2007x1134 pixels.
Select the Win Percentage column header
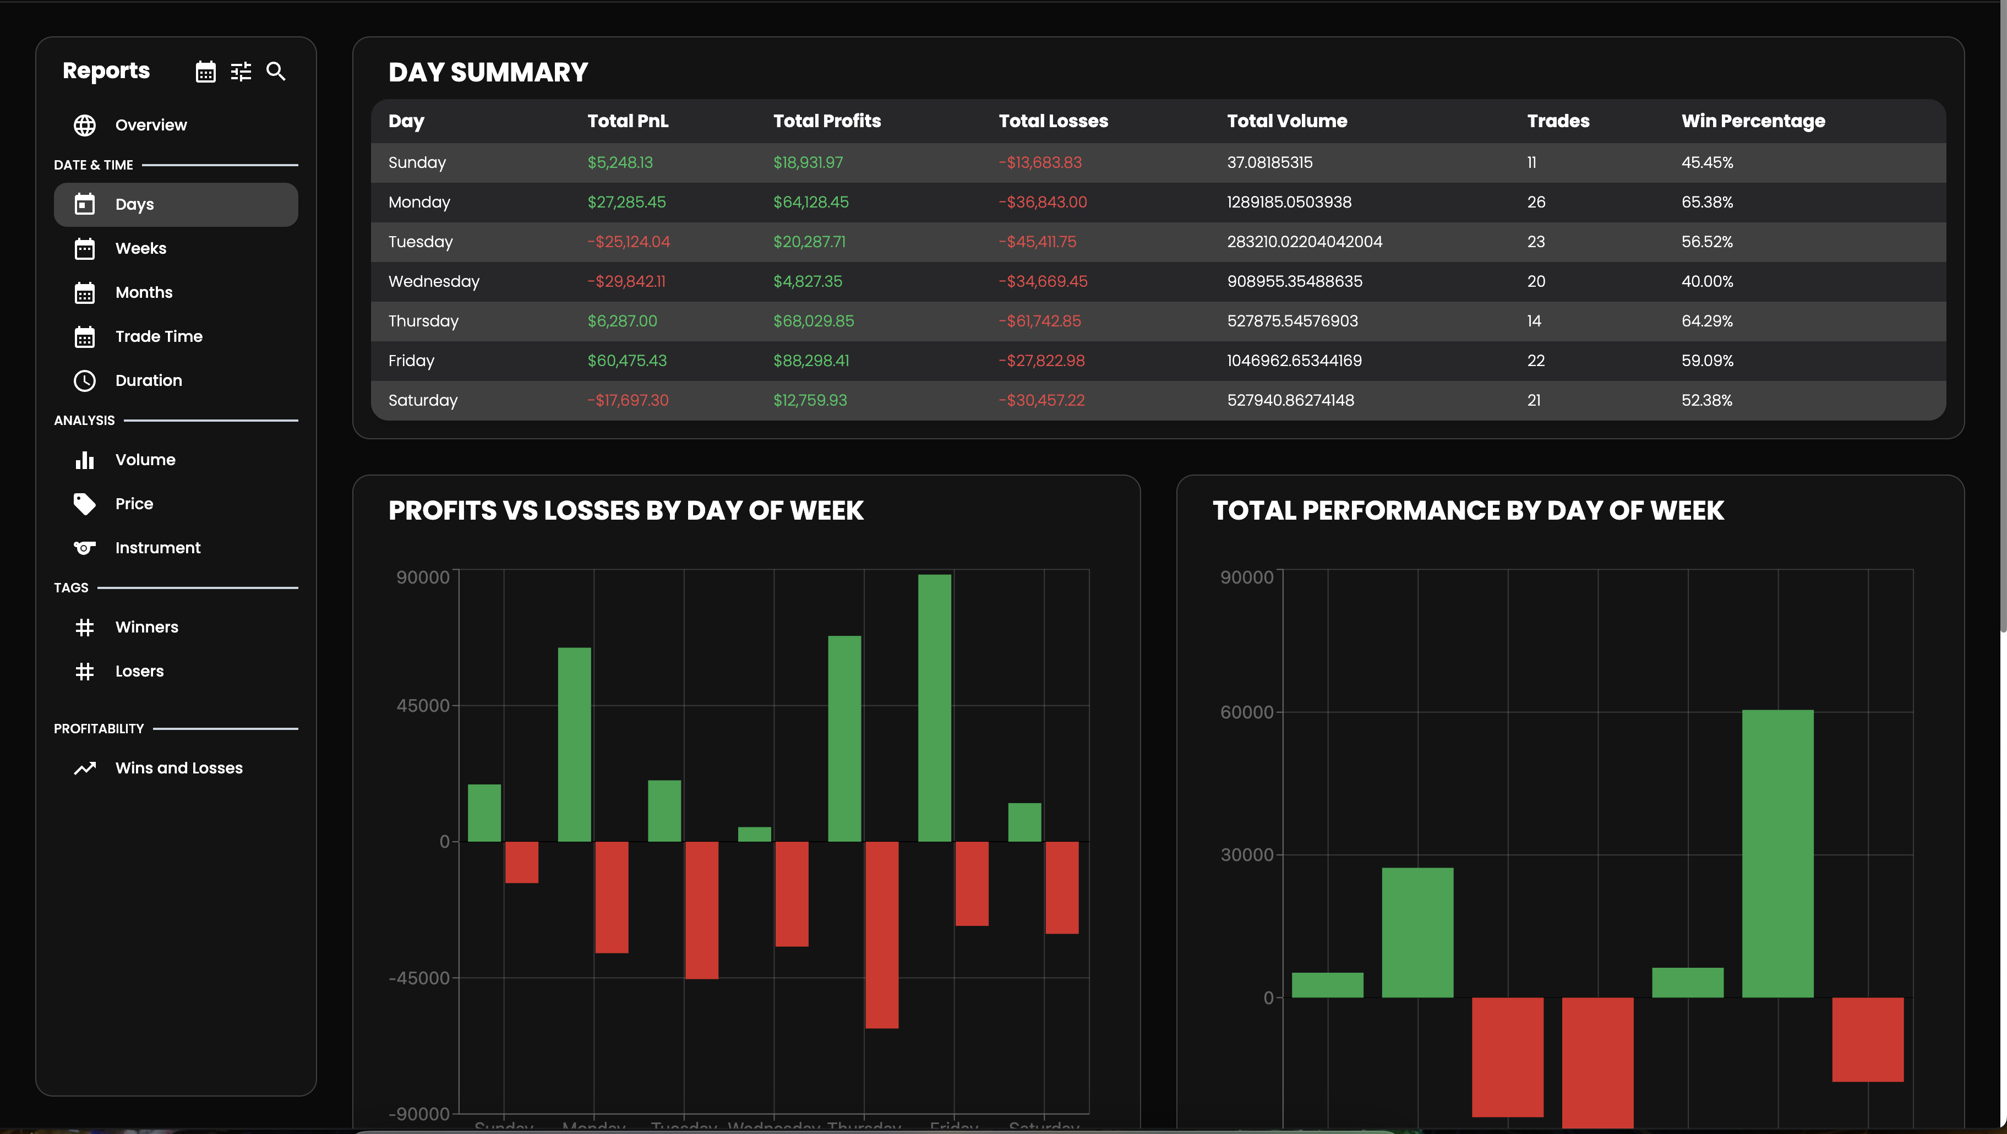pyautogui.click(x=1753, y=121)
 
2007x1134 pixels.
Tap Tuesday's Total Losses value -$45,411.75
pyautogui.click(x=1037, y=242)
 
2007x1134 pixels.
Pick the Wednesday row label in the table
pyautogui.click(x=433, y=281)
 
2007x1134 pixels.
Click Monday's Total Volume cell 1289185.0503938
pyautogui.click(x=1289, y=202)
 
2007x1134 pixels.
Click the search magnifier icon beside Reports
pyautogui.click(x=276, y=72)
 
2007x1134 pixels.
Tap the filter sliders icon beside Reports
pyautogui.click(x=241, y=72)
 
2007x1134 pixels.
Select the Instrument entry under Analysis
pyautogui.click(x=157, y=548)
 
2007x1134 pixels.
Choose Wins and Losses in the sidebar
pyautogui.click(x=178, y=768)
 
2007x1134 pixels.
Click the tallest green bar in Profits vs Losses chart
pyautogui.click(x=934, y=708)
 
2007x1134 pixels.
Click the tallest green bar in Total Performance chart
pyautogui.click(x=1777, y=853)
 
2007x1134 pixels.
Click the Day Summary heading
pyautogui.click(x=488, y=73)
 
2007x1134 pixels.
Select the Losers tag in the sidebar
pyautogui.click(x=139, y=671)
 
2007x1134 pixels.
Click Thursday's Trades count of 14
pyautogui.click(x=1533, y=321)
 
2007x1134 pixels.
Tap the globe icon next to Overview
pyautogui.click(x=85, y=126)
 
